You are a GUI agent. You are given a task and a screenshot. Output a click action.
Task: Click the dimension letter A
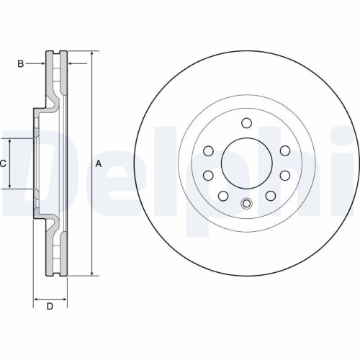(99, 163)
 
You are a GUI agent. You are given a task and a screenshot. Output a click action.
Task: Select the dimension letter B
(21, 64)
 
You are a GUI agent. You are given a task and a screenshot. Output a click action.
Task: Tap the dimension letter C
(4, 163)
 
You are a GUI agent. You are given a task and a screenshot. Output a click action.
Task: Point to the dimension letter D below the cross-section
(50, 307)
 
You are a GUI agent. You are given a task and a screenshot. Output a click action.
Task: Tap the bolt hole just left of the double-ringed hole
(223, 196)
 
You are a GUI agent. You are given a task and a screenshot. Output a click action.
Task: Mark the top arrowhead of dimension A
(93, 55)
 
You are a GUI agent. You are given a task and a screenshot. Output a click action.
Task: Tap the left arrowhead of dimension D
(37, 297)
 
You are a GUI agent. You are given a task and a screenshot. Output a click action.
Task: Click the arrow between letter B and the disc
(39, 64)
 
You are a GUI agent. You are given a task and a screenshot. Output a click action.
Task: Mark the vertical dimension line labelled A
(93, 216)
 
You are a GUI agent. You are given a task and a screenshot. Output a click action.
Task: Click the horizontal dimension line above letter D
(50, 297)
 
